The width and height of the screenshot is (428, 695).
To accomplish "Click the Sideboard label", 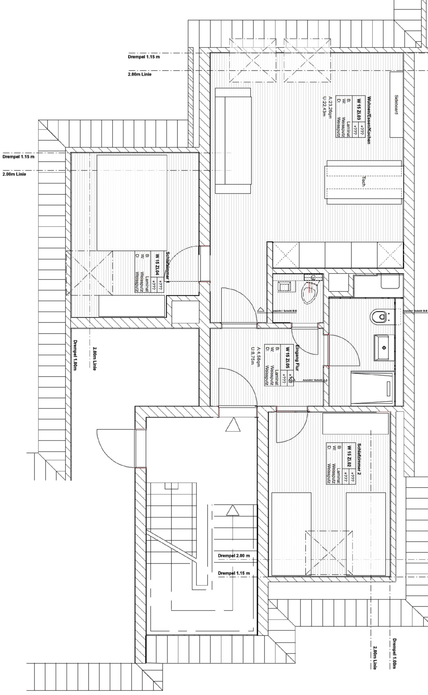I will click(x=396, y=105).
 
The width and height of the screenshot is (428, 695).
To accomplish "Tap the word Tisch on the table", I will click(x=363, y=181).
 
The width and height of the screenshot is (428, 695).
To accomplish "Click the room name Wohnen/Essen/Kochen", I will click(x=369, y=120).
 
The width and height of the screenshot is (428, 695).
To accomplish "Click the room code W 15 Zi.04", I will click(x=157, y=265).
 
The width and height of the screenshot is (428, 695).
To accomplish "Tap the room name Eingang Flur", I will click(x=297, y=358).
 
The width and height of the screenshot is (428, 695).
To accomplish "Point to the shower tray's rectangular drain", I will click(x=388, y=388).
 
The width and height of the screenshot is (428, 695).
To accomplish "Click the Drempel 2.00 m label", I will click(x=234, y=556).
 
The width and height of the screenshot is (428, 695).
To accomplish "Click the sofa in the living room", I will click(x=233, y=141).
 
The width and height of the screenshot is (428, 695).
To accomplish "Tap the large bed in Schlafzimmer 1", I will click(x=132, y=203).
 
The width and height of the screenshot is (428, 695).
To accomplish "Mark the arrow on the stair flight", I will click(x=233, y=510).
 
